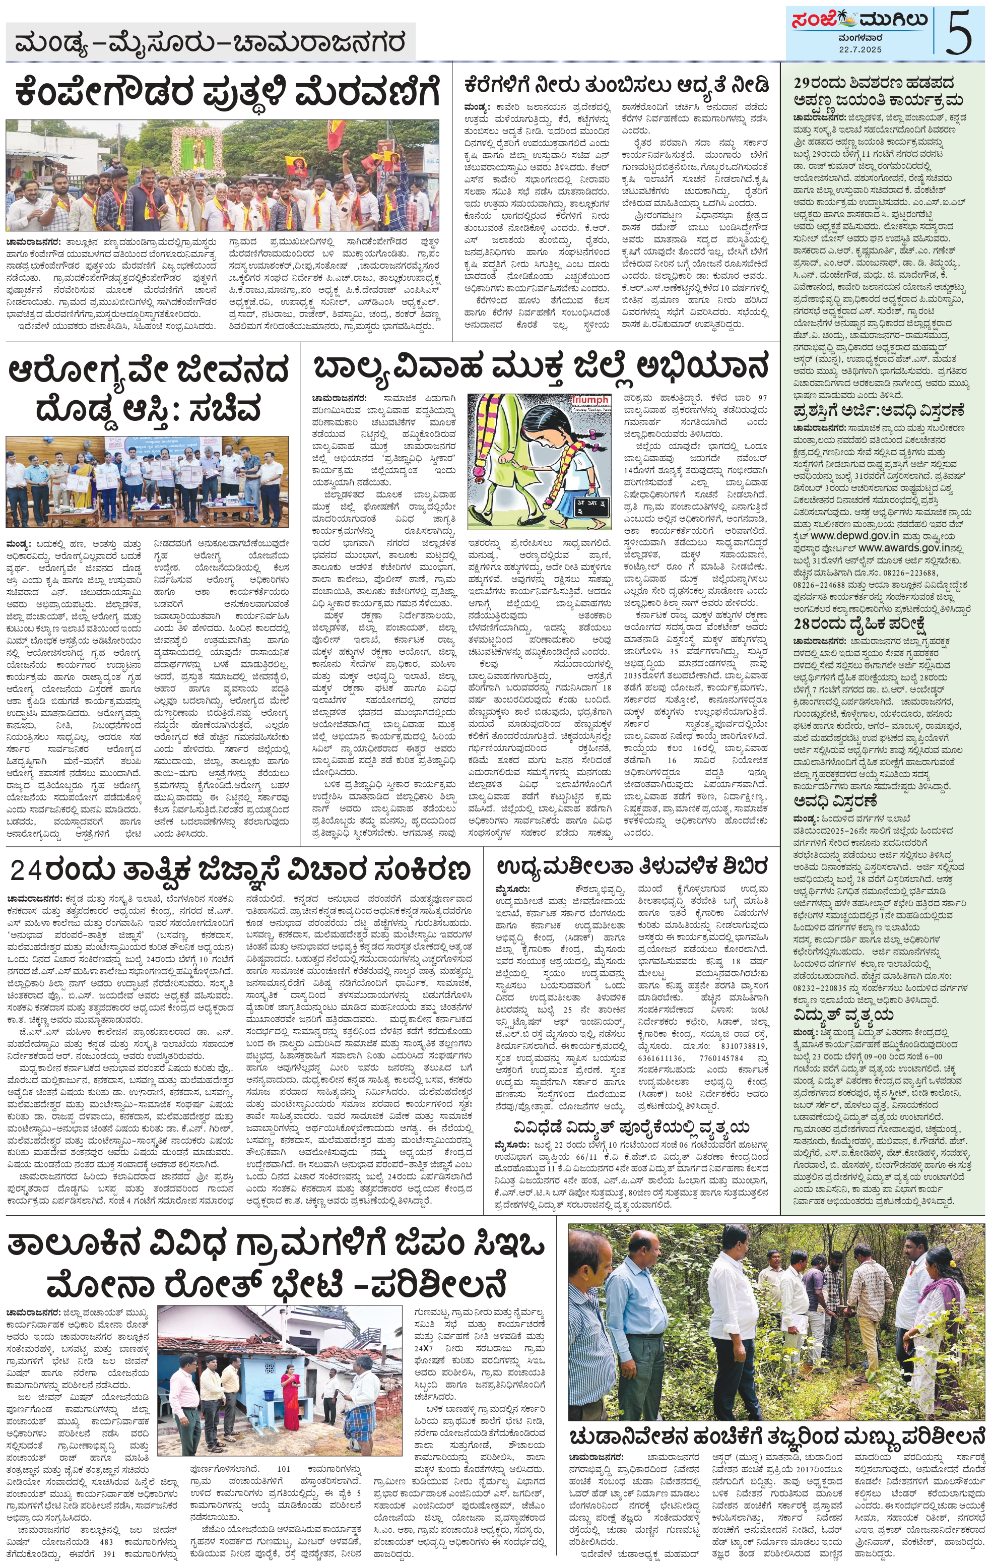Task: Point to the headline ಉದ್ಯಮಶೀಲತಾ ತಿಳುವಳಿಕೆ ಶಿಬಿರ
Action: point(632,866)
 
